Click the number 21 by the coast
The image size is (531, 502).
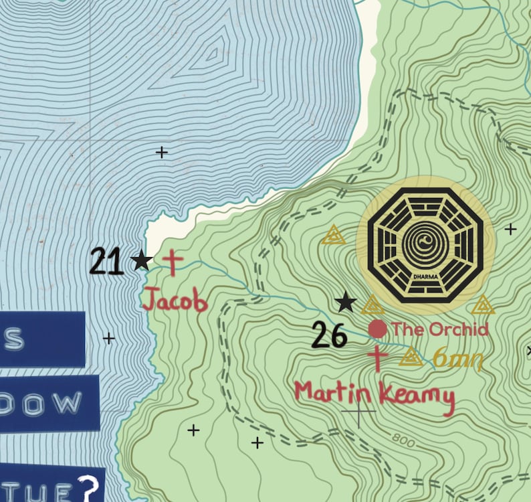tap(107, 262)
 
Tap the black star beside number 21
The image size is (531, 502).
tap(141, 260)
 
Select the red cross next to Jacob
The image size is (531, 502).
tap(173, 262)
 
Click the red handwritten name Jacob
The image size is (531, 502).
tap(175, 299)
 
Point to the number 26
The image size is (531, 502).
tap(330, 335)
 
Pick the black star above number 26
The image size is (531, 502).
tap(345, 302)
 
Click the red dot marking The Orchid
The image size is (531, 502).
tap(377, 329)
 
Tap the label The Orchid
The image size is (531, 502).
tap(440, 329)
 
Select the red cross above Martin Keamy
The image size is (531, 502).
tap(377, 358)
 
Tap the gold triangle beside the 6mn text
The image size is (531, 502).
tap(411, 357)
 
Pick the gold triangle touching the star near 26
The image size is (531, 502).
tap(373, 307)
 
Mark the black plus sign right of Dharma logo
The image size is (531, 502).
tap(510, 230)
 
